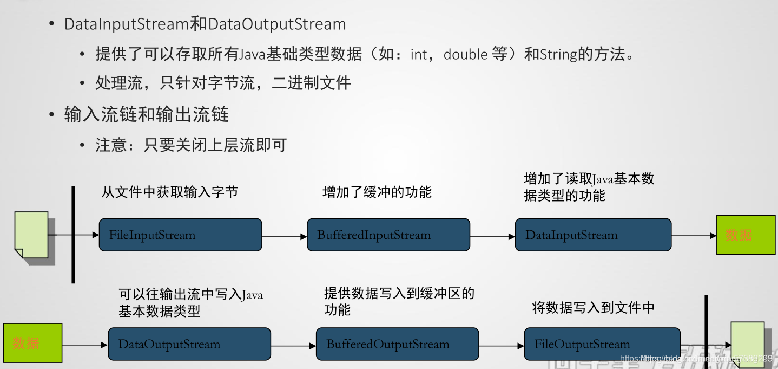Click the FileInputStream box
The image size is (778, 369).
tap(180, 235)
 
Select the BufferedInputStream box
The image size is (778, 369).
tap(388, 235)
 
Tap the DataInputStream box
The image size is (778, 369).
tap(593, 235)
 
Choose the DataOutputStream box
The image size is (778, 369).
tap(189, 344)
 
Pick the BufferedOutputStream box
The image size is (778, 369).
tap(397, 344)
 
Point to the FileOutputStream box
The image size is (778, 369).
tap(602, 344)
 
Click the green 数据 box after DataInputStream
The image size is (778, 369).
tap(739, 235)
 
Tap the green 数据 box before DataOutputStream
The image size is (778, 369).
tap(33, 343)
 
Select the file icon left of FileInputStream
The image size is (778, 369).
tap(31, 235)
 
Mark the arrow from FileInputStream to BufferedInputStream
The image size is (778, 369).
tap(285, 237)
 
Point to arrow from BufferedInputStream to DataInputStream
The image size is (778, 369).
tap(492, 237)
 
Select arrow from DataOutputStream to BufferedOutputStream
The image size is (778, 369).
tap(293, 346)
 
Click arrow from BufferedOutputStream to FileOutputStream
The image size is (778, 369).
tap(502, 346)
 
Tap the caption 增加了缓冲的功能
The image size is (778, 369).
tap(377, 192)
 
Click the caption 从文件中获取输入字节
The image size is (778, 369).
tap(170, 192)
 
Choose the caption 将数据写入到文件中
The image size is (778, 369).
tap(594, 307)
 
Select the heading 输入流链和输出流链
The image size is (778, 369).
tap(146, 115)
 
